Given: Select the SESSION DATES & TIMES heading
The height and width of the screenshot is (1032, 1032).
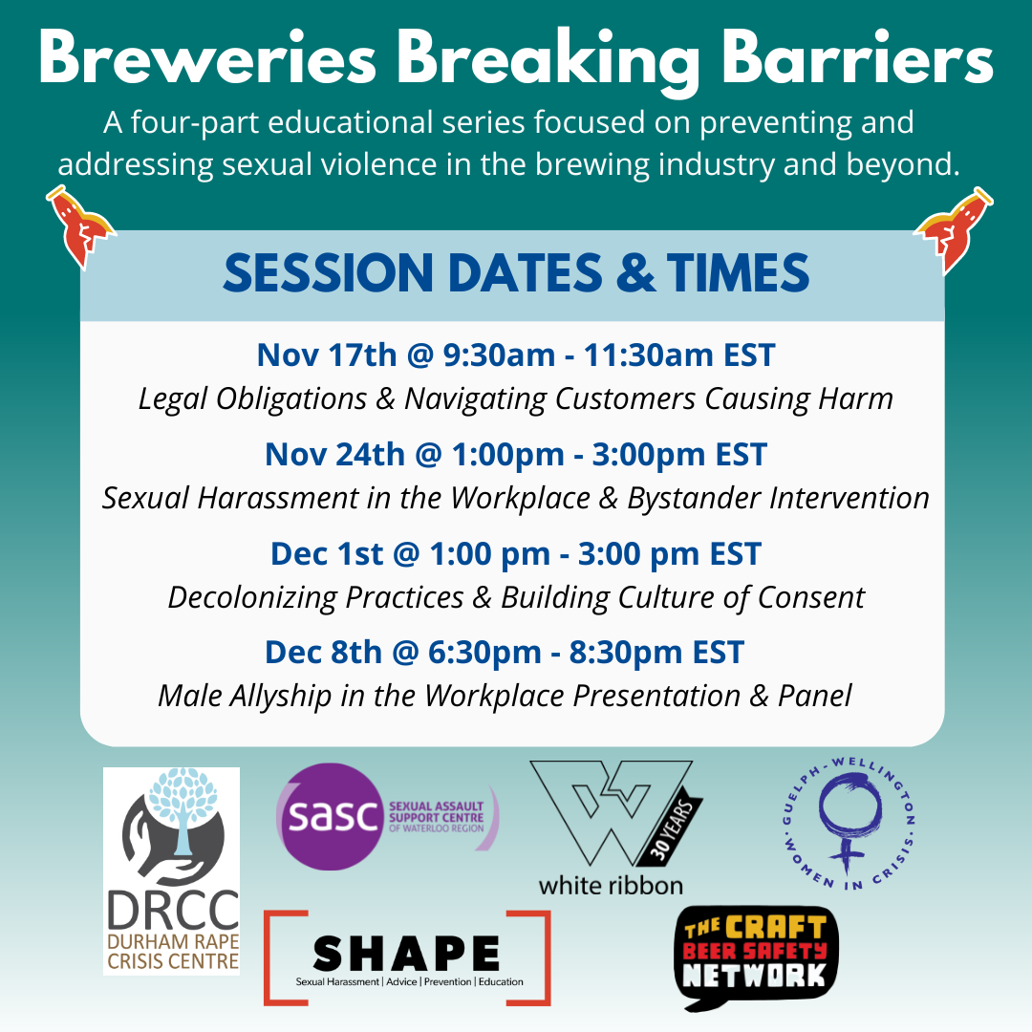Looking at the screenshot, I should point(516,274).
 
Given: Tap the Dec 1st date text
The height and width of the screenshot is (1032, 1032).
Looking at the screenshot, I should point(326,553).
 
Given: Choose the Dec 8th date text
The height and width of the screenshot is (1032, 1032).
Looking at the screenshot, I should point(324,653).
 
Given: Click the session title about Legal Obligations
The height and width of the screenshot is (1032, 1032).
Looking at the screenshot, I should point(516,398).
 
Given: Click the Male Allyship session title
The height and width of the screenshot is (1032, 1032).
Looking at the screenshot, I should point(505,696).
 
